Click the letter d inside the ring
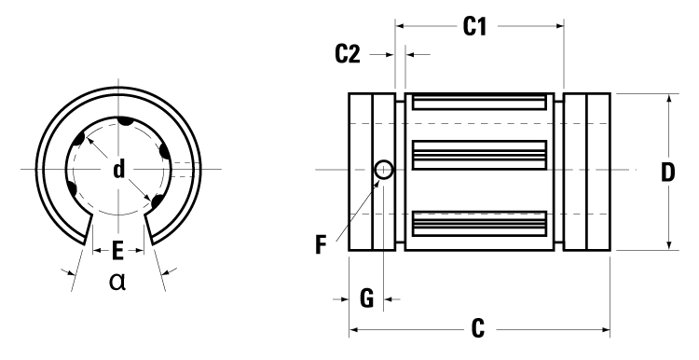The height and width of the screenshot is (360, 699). pos(118,169)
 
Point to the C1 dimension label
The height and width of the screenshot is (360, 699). pos(476,27)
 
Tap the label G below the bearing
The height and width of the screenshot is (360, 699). pos(366,298)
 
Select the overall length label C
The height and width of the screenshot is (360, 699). pos(477,328)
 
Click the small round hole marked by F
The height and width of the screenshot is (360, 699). pos(384,170)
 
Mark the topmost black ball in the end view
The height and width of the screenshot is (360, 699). pos(122,121)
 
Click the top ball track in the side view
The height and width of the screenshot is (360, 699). pos(479,102)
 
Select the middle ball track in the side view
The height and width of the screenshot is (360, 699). pos(479,152)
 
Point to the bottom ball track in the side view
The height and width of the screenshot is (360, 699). pos(479,222)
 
